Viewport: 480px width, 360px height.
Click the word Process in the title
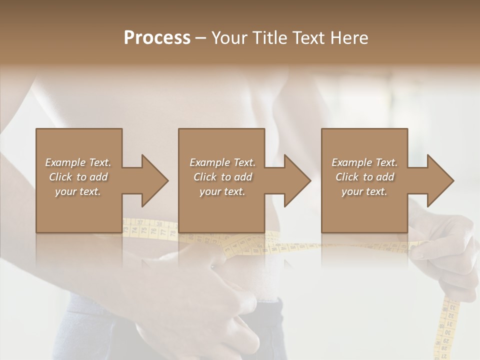pos(157,37)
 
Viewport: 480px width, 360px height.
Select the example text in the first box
pos(78,176)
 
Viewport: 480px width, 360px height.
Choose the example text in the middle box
pos(222,176)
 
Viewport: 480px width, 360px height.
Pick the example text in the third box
pos(364,176)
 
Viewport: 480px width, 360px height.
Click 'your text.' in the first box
pos(78,191)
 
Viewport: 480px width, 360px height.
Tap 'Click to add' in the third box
pos(364,176)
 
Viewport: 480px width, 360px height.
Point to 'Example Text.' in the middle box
pos(222,162)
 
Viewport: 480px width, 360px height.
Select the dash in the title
pos(201,38)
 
